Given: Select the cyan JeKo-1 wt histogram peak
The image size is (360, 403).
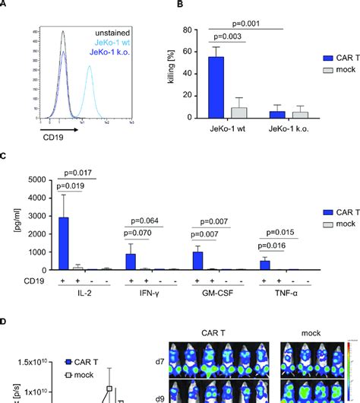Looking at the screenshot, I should point(90,68).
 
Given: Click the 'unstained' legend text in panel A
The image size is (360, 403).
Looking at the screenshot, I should point(111,33).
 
